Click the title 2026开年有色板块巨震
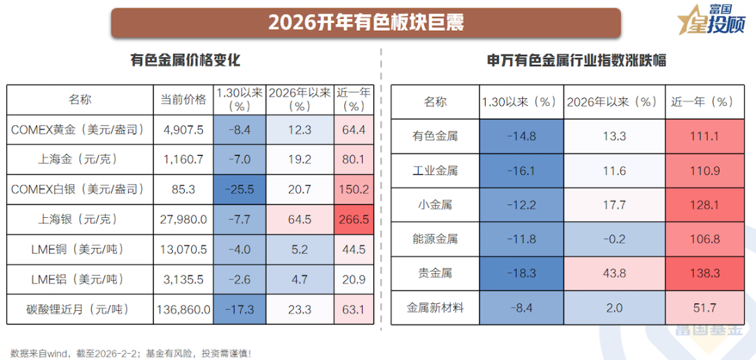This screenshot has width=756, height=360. click(365, 22)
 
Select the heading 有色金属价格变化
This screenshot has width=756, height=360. click(185, 60)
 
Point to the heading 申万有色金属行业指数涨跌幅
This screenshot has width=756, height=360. click(576, 61)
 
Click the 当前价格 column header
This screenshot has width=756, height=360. click(183, 99)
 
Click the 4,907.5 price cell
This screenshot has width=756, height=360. click(183, 130)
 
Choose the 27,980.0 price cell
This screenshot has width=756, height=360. click(183, 219)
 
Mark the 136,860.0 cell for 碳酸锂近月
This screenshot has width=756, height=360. click(183, 309)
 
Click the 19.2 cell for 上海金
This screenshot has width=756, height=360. click(300, 160)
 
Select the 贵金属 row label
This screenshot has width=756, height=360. click(435, 273)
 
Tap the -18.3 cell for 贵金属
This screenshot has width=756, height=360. click(521, 273)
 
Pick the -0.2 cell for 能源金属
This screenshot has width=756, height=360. click(615, 239)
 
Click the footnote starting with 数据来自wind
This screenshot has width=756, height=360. click(130, 354)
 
